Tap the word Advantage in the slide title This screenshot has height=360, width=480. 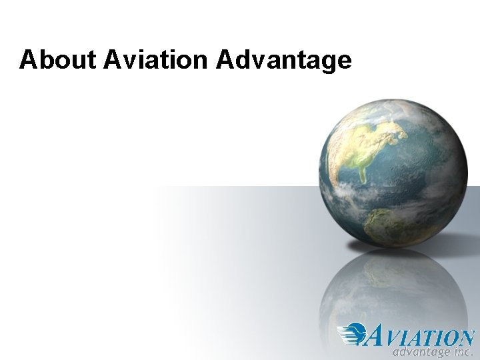pos(284,60)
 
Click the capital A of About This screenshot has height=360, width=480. pos(27,60)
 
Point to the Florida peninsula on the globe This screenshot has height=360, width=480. pos(363,175)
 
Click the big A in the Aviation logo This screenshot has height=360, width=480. pos(377,335)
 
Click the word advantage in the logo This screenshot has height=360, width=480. pos(420,351)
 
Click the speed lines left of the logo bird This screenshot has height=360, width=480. pos(347,333)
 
